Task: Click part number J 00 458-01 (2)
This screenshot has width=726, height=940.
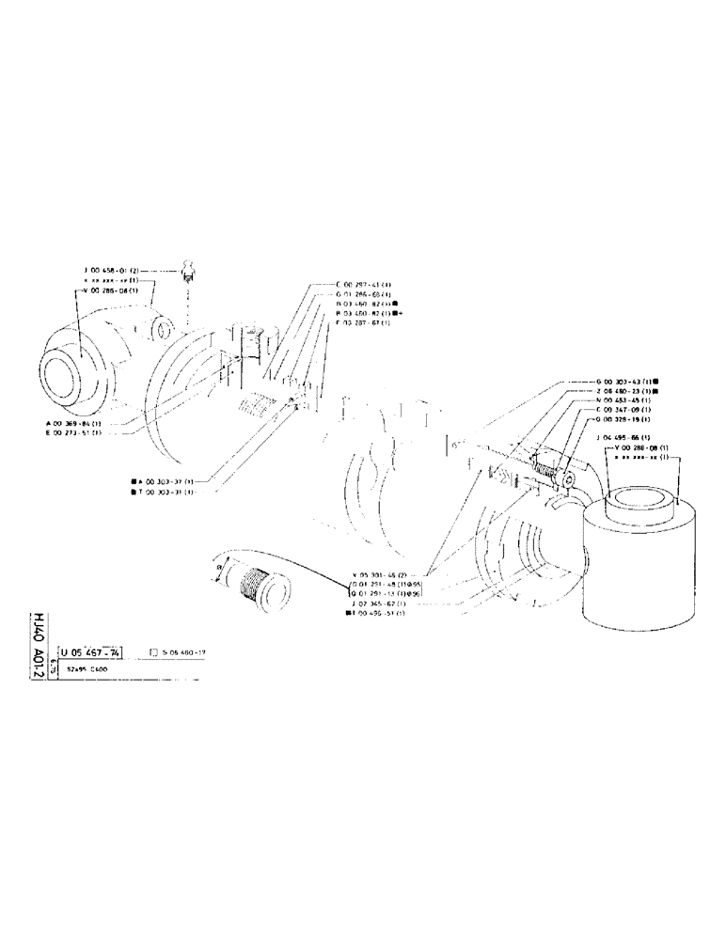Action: [112, 270]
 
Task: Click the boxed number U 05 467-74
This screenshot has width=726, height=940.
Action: [90, 650]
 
